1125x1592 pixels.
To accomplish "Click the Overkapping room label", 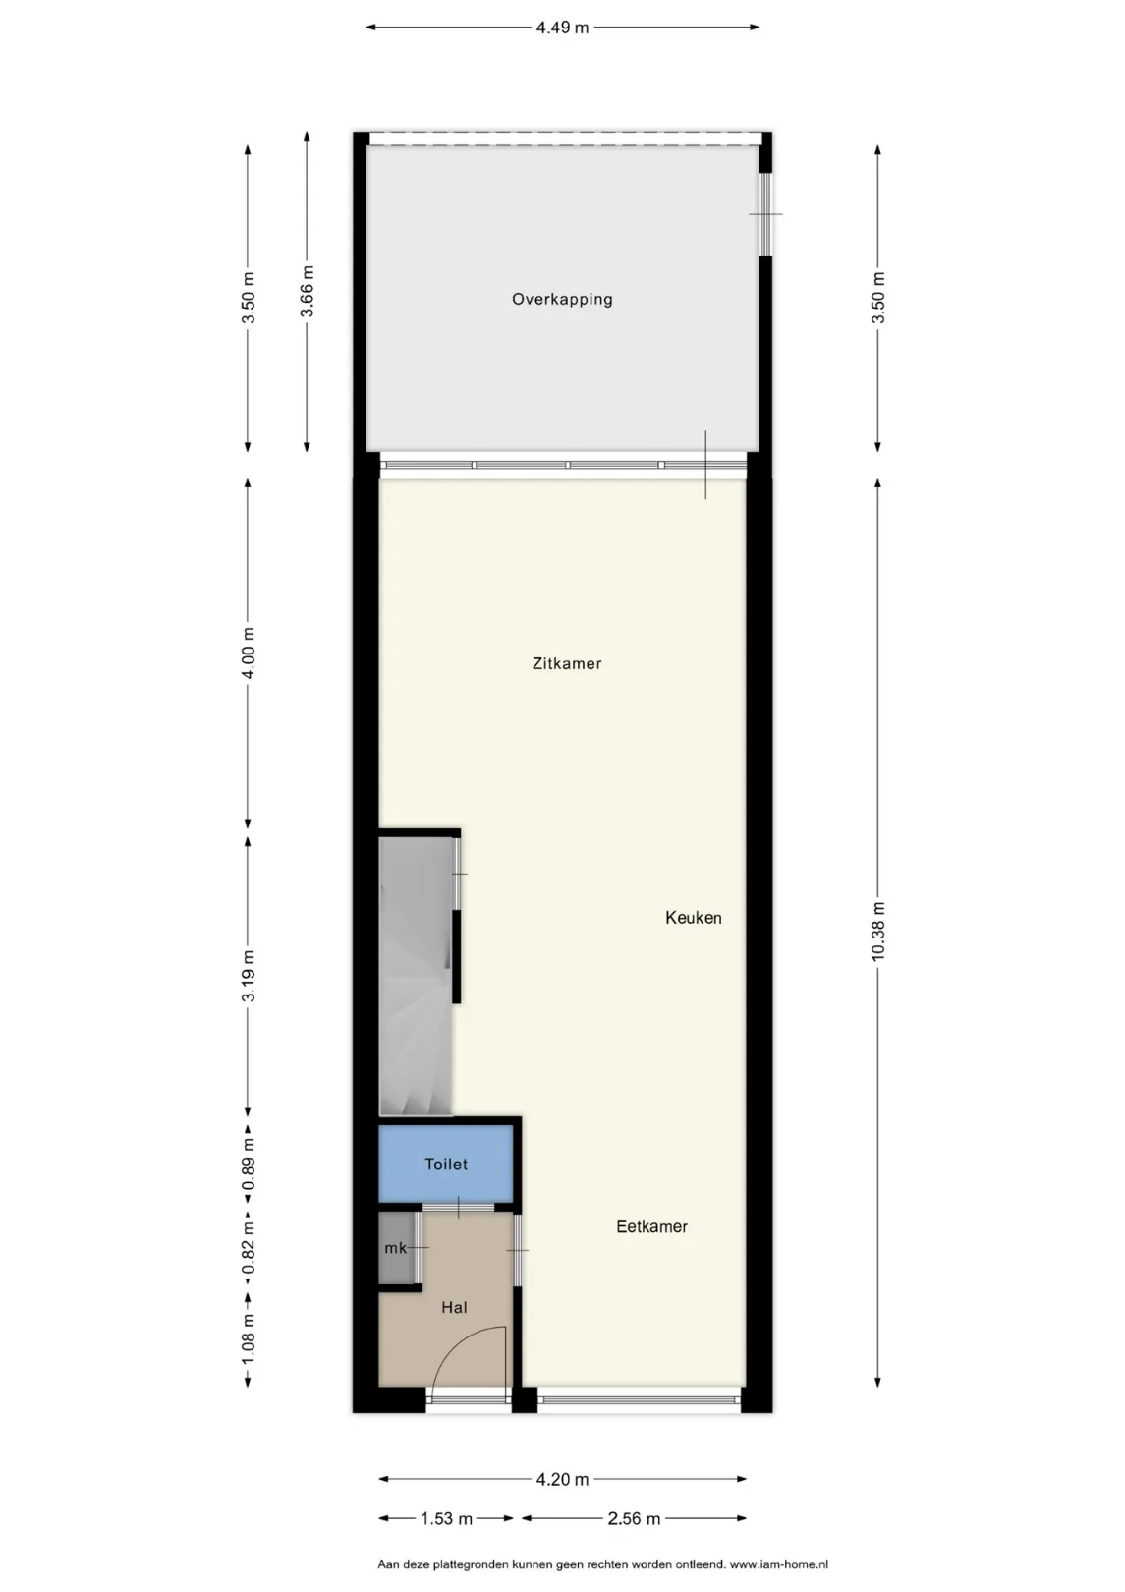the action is pyautogui.click(x=562, y=299).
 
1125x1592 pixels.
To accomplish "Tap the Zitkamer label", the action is pyautogui.click(x=566, y=663).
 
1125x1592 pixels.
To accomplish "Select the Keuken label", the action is pyautogui.click(x=693, y=918).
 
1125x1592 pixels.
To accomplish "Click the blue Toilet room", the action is pyautogui.click(x=446, y=1164).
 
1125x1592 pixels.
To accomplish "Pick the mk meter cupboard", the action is pyautogui.click(x=397, y=1248).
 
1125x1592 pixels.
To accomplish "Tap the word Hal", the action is pyautogui.click(x=454, y=1307).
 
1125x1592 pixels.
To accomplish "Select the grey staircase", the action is pyautogui.click(x=416, y=976).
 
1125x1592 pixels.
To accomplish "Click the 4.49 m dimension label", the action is pyautogui.click(x=562, y=28).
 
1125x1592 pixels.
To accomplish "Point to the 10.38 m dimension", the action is pyautogui.click(x=878, y=932).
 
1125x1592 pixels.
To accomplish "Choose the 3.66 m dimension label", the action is pyautogui.click(x=307, y=292).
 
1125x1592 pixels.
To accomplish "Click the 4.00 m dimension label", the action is pyautogui.click(x=248, y=654).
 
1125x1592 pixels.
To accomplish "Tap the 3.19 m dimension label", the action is pyautogui.click(x=248, y=976).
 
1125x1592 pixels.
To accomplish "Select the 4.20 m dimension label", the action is pyautogui.click(x=562, y=1480).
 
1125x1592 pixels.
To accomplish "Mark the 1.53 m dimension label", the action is pyautogui.click(x=446, y=1519).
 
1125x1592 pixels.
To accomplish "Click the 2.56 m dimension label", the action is pyautogui.click(x=634, y=1519).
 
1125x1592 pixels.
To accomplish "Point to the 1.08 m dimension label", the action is pyautogui.click(x=248, y=1339).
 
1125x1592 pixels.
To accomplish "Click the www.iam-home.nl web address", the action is pyautogui.click(x=779, y=1564).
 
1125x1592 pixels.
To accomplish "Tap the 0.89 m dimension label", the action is pyautogui.click(x=248, y=1164).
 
